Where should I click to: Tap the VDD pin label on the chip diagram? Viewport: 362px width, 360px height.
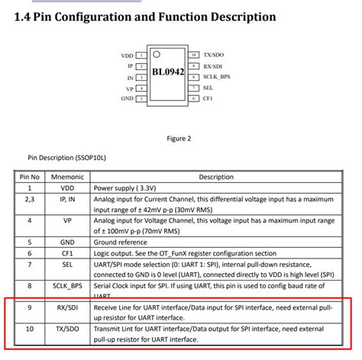point(127,56)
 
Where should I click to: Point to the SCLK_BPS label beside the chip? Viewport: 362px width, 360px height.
point(218,77)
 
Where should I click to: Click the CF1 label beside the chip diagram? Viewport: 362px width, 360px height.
point(208,98)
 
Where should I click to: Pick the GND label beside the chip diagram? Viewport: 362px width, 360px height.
point(127,99)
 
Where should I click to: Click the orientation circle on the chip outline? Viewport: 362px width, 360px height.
point(157,54)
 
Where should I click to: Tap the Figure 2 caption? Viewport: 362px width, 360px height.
point(178,138)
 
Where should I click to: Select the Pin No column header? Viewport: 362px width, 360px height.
point(30,176)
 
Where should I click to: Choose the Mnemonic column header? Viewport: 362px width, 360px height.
point(68,176)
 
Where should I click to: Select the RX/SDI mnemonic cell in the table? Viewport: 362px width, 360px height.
point(68,308)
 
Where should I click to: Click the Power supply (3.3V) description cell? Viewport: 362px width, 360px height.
point(127,187)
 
